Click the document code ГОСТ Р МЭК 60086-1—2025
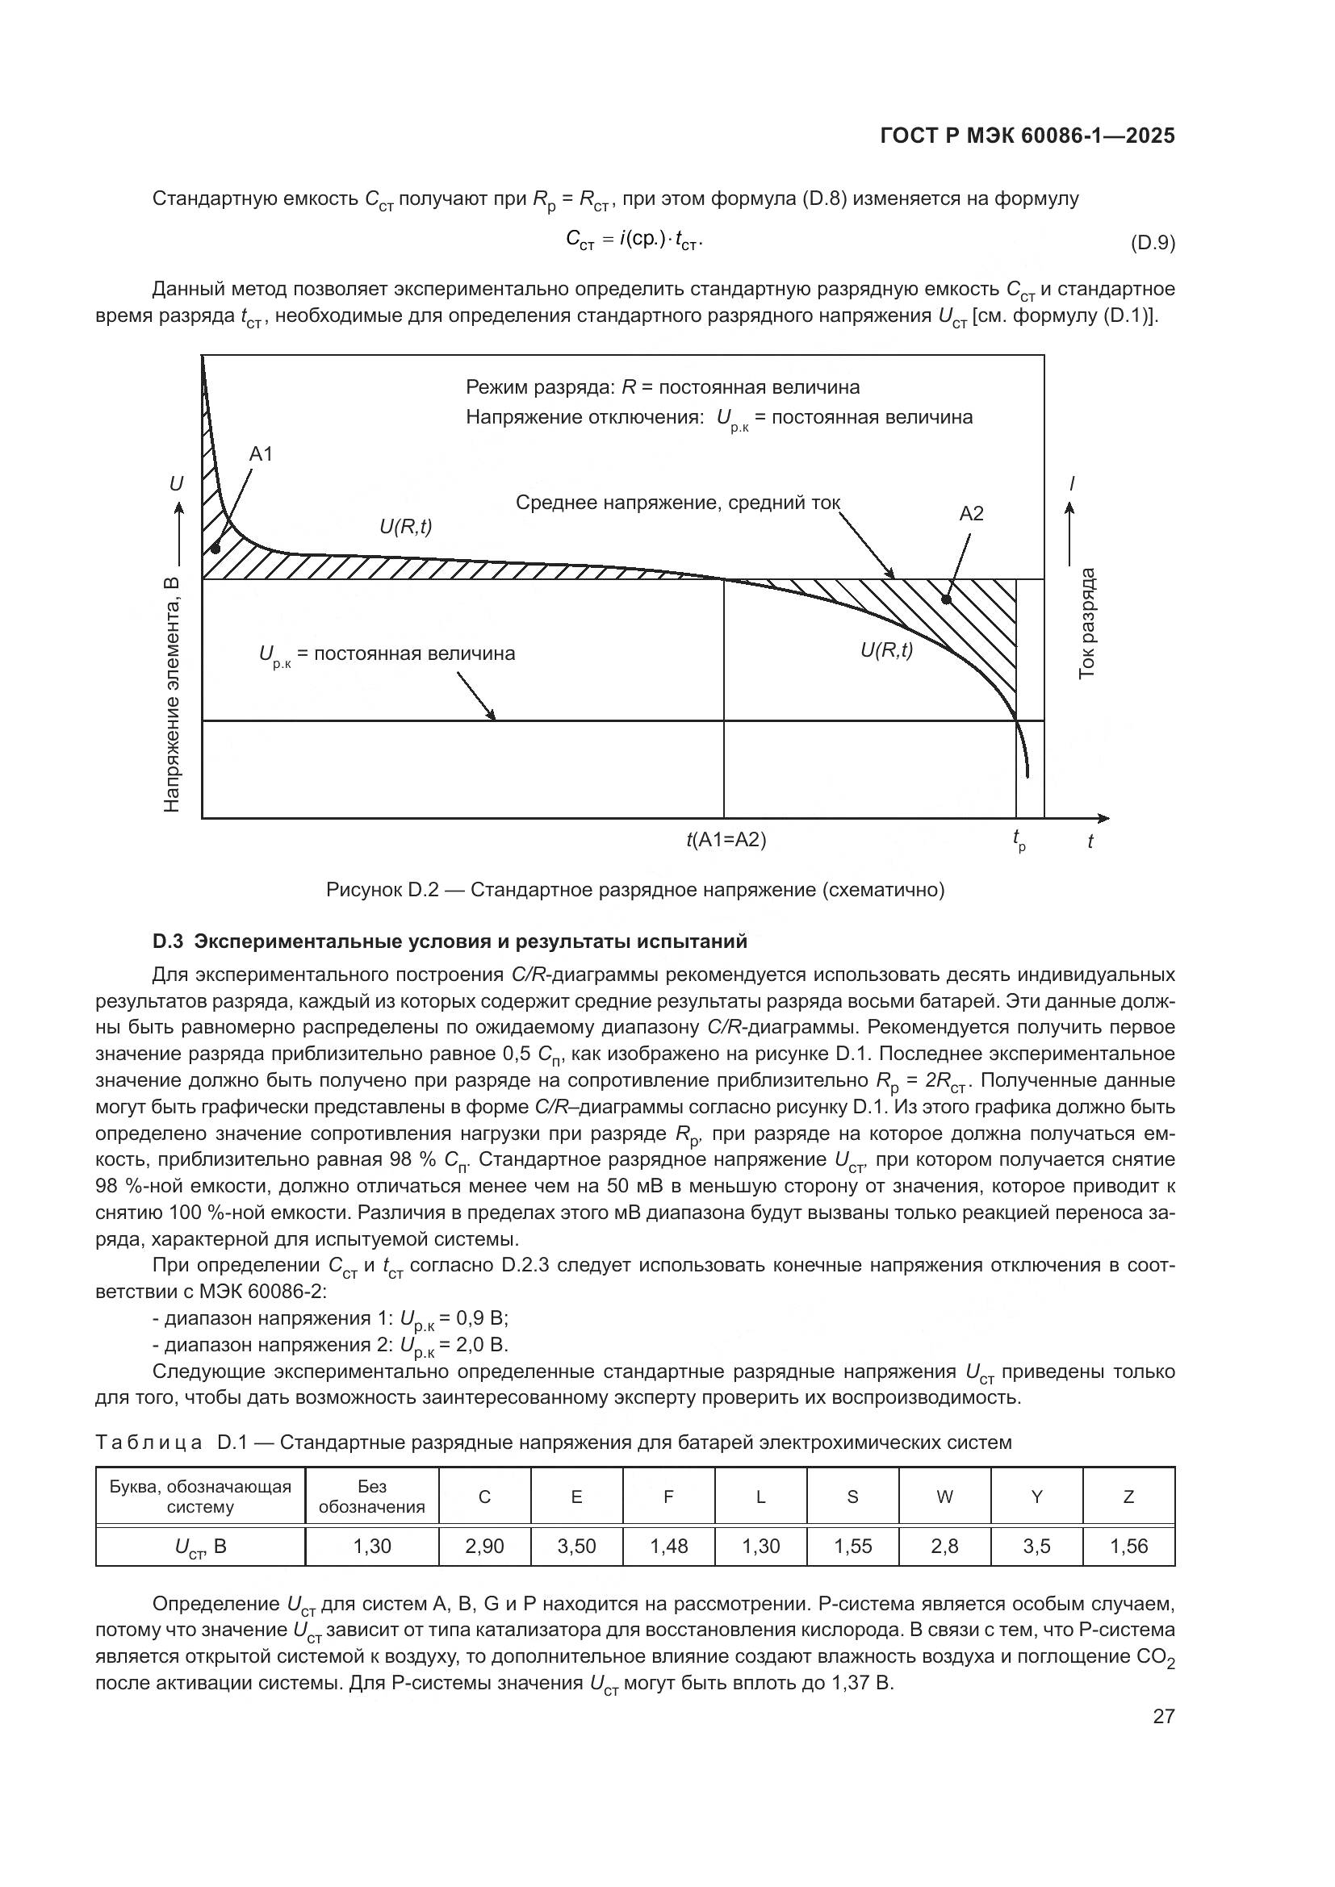(x=1027, y=136)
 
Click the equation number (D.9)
(x=1153, y=244)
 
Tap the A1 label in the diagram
(x=261, y=453)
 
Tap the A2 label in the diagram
(x=971, y=514)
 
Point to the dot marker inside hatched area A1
(x=215, y=548)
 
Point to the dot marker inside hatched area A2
(x=945, y=600)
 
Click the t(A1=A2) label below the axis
(x=726, y=840)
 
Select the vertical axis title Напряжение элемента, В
(x=172, y=695)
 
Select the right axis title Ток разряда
(x=1086, y=623)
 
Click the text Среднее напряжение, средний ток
(x=677, y=503)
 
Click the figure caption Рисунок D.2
(x=634, y=890)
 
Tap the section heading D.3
(x=450, y=941)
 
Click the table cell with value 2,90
(x=484, y=1546)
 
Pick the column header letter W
(x=944, y=1497)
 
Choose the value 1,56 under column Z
(x=1128, y=1546)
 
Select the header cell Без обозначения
(x=371, y=1497)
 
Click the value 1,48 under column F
(x=668, y=1546)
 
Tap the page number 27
(x=1163, y=1716)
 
